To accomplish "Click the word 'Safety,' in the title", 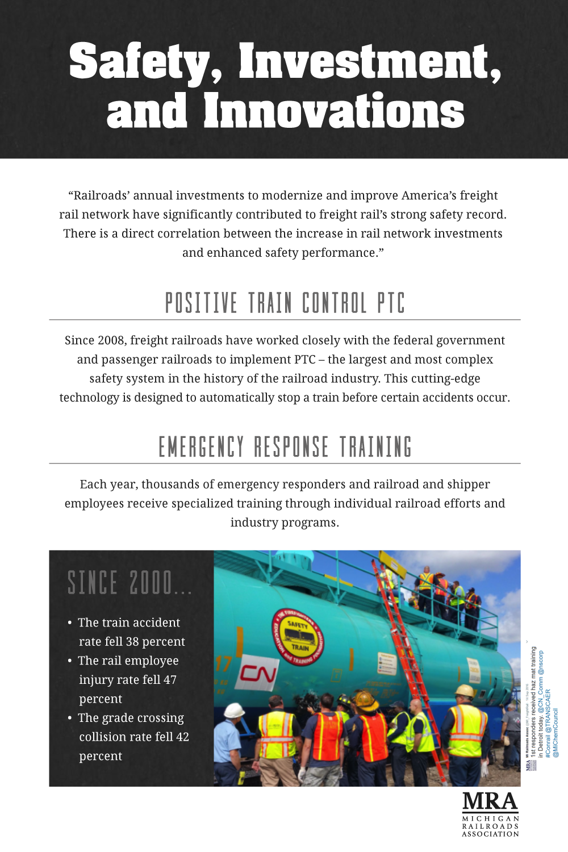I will coord(145,61).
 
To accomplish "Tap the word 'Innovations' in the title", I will coord(334,111).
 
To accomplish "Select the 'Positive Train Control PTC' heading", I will coord(285,303).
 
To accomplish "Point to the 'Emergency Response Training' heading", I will coord(285,447).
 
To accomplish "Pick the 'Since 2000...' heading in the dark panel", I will coord(130,583).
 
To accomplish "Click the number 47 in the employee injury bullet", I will coord(170,680).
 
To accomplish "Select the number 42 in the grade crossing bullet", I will coord(182,737).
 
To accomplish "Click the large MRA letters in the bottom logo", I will coord(490,801).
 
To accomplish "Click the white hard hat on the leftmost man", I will coord(234,711).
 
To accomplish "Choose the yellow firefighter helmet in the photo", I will coord(366,701).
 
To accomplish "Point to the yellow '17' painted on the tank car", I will coord(223,665).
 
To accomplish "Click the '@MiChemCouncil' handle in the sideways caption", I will coord(556,733).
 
